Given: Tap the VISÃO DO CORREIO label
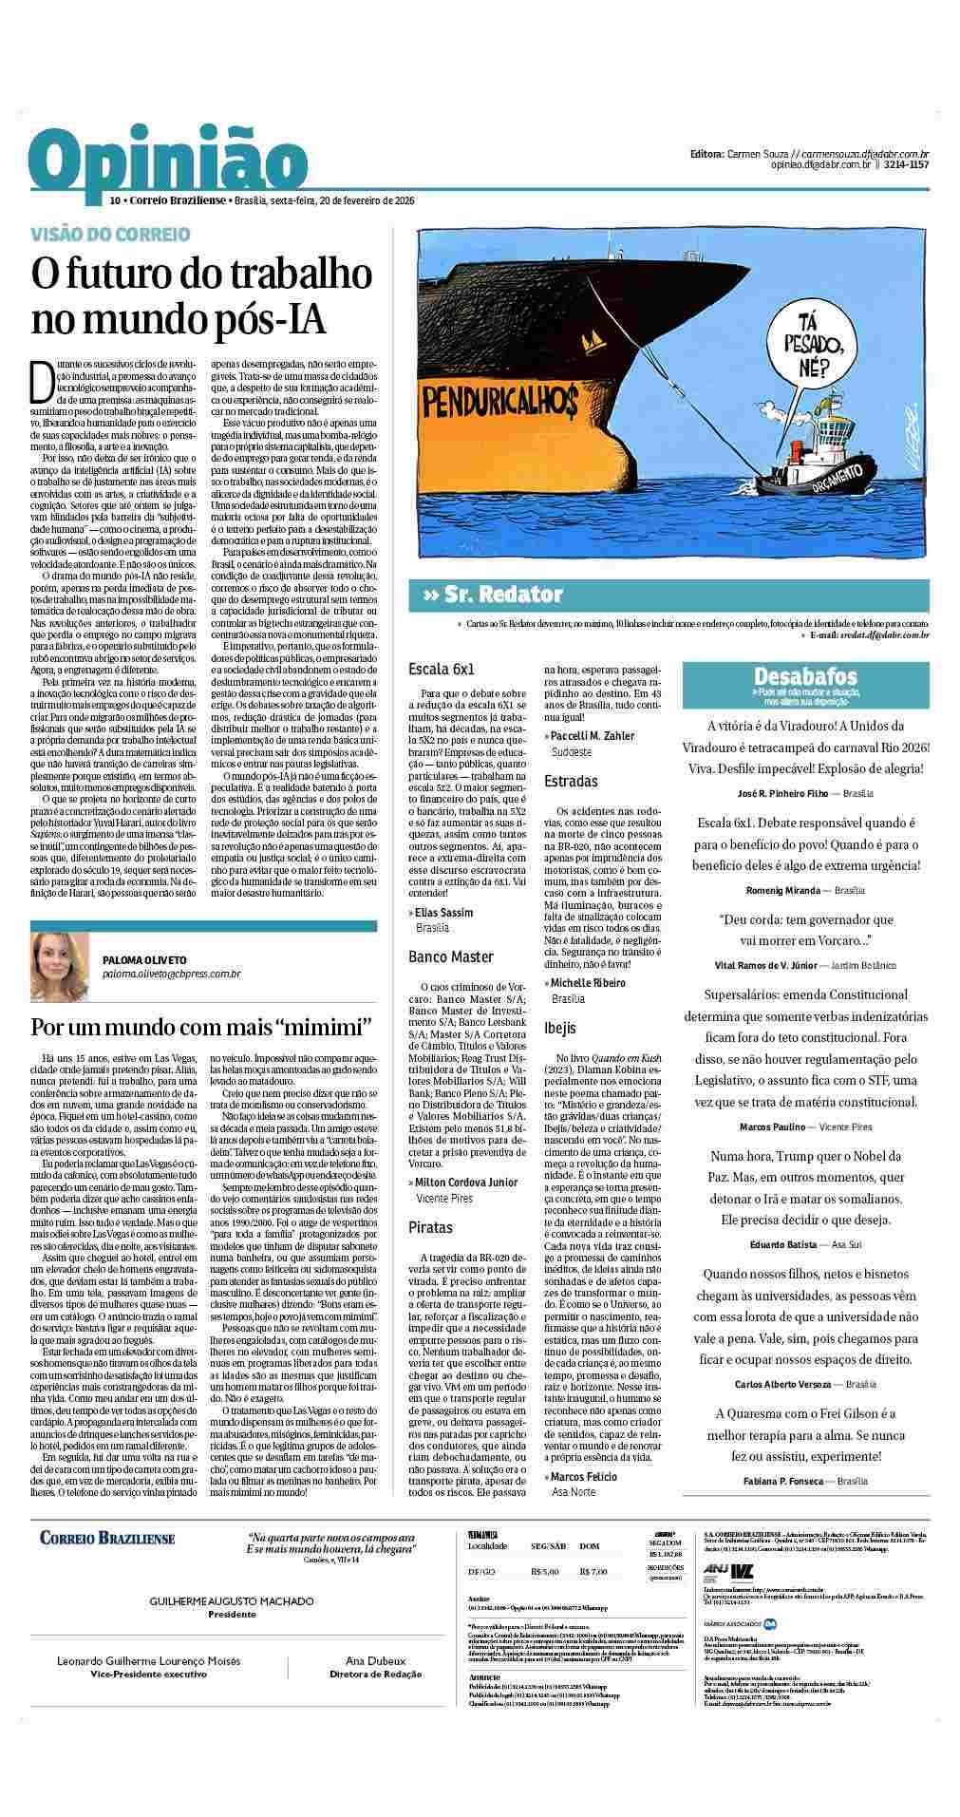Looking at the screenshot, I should pyautogui.click(x=110, y=234).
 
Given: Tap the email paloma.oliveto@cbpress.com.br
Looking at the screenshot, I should pyautogui.click(x=171, y=974).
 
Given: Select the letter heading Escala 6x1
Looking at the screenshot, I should pyautogui.click(x=441, y=669).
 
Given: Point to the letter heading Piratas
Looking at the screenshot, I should pyautogui.click(x=430, y=1227).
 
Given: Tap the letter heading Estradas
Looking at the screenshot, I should pyautogui.click(x=571, y=782).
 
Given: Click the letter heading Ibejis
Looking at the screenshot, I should pyautogui.click(x=560, y=1028).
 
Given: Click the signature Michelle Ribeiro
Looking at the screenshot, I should pyautogui.click(x=589, y=983).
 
